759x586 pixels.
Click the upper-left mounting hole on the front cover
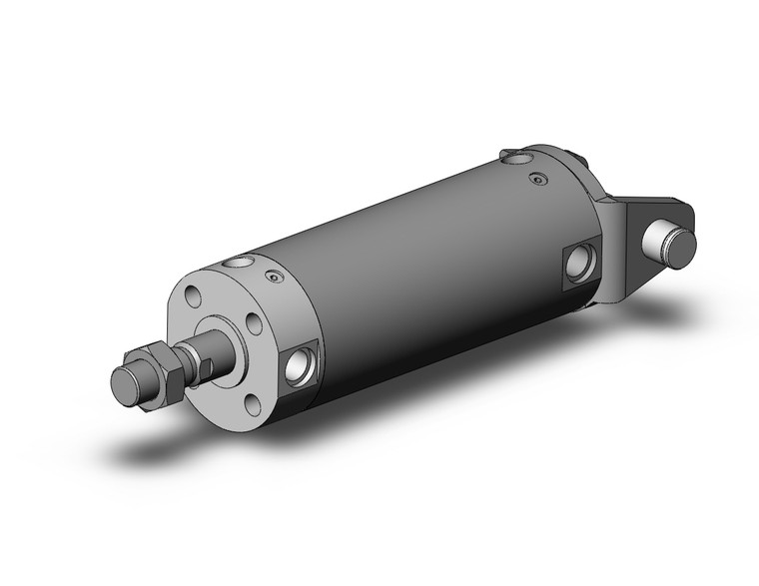point(194,297)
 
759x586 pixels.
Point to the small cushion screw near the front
point(269,280)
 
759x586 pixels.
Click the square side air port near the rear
point(580,263)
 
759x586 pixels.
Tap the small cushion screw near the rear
point(540,180)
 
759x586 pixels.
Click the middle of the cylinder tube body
point(419,270)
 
